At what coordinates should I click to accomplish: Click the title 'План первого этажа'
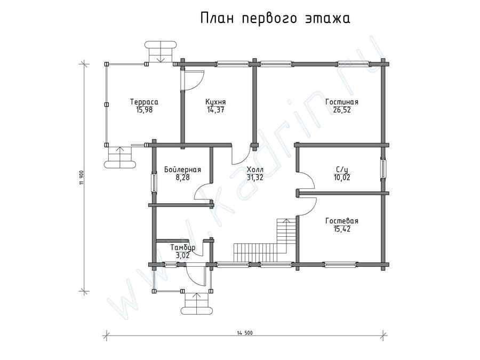[x=275, y=18]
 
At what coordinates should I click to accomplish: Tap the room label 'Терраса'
[x=144, y=102]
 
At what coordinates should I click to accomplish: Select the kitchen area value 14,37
[x=215, y=110]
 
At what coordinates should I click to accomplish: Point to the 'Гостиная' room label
[x=342, y=102]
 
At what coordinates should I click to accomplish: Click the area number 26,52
[x=342, y=110]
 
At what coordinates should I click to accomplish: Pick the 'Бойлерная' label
[x=182, y=170]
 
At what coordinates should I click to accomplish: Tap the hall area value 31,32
[x=255, y=178]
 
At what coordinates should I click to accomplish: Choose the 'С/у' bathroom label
[x=342, y=170]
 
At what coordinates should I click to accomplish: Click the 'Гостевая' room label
[x=342, y=221]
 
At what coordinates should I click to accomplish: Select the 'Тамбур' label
[x=183, y=247]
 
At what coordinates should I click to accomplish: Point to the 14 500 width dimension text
[x=245, y=333]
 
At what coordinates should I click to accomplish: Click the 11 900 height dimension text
[x=81, y=178]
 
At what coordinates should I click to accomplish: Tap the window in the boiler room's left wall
[x=154, y=183]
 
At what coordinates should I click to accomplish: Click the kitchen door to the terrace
[x=192, y=80]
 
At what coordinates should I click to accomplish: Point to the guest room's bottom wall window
[x=341, y=264]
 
